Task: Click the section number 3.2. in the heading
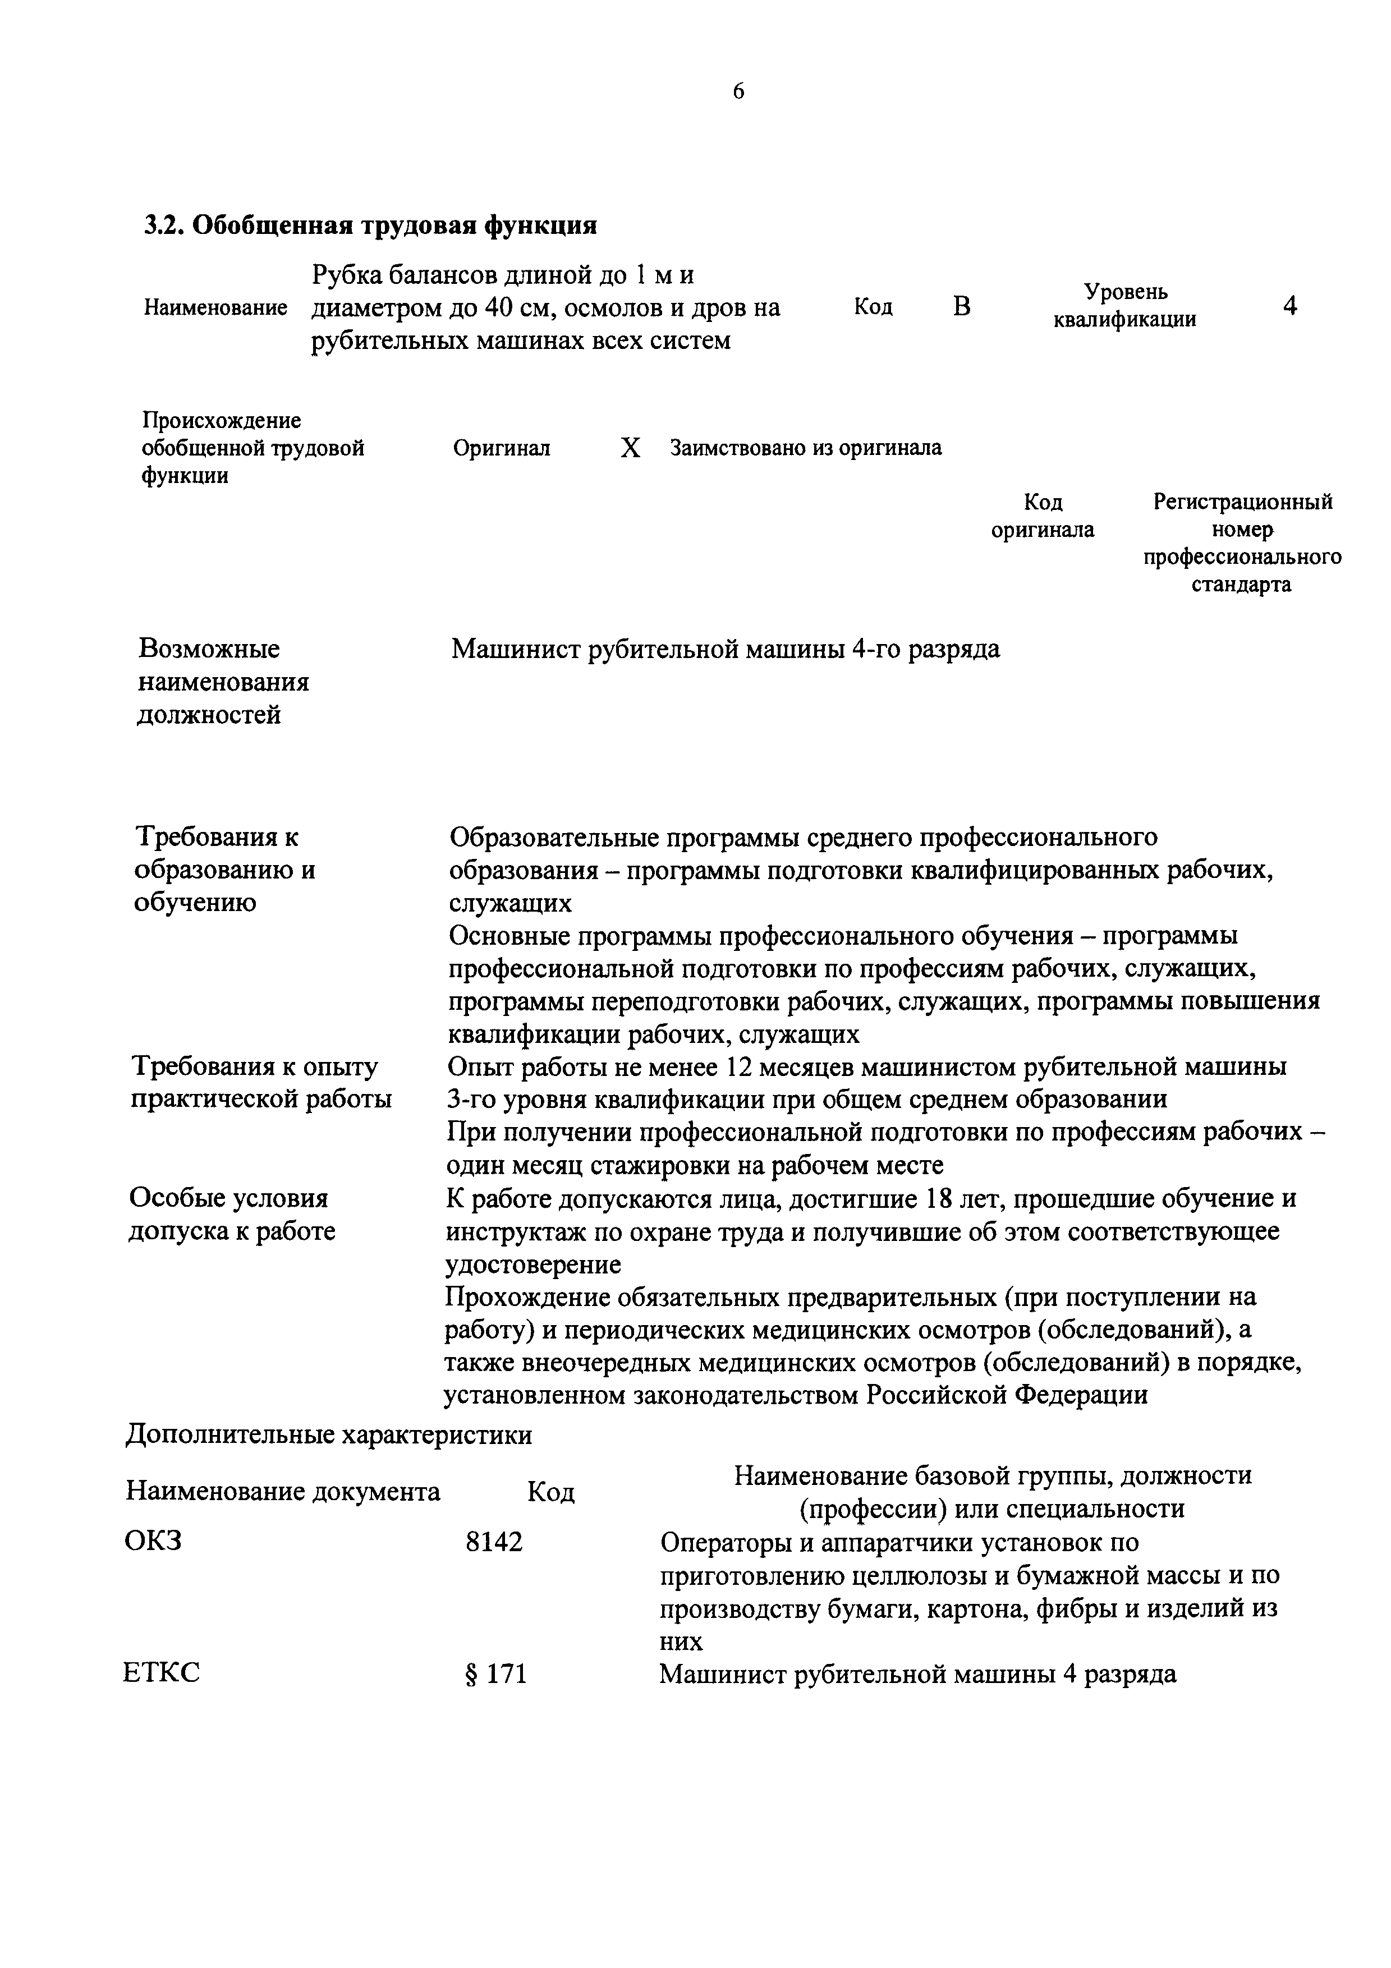(x=163, y=226)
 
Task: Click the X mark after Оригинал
(x=630, y=448)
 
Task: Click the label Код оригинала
(x=1042, y=516)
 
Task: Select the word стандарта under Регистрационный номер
(x=1241, y=586)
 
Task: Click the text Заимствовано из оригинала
(x=806, y=448)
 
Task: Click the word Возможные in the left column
(x=209, y=649)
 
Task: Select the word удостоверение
(x=533, y=1265)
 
